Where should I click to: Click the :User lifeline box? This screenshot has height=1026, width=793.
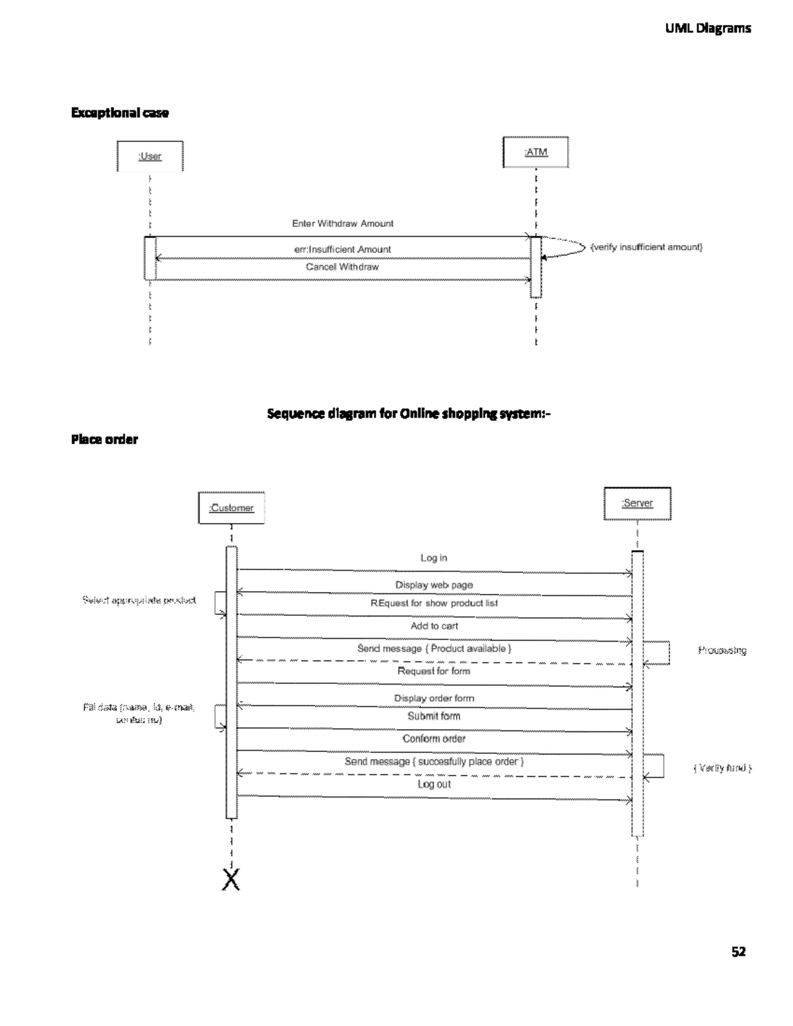coord(150,157)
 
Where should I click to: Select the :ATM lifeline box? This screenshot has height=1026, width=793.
coord(536,152)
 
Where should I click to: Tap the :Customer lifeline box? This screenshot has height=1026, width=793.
coord(231,508)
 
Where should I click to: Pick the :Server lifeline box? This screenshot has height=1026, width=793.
coord(637,503)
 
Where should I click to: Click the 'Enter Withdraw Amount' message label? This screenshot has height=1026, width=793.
coord(342,224)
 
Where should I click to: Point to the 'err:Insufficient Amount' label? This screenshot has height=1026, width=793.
coord(342,249)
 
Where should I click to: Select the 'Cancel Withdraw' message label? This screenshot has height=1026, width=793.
coord(342,267)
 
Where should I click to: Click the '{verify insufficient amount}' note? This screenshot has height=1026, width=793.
coord(646,247)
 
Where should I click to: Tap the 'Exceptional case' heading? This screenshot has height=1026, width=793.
coord(120,113)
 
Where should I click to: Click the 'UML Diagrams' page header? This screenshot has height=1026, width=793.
coord(708,28)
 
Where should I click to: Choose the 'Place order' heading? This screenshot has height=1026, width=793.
coord(104,439)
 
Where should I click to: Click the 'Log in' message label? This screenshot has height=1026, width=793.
coord(434,558)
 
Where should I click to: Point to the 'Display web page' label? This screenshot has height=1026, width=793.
coord(434,585)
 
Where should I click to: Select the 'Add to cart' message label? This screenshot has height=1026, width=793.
coord(434,626)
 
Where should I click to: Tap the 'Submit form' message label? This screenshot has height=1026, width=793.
coord(434,716)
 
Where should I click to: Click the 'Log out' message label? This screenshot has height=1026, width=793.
coord(434,784)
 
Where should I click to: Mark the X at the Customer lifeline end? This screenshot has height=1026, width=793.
coord(231,879)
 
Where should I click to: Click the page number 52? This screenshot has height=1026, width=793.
coord(738,951)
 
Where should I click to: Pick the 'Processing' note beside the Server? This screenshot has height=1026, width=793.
coord(722,651)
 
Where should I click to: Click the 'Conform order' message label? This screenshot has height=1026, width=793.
coord(434,739)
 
